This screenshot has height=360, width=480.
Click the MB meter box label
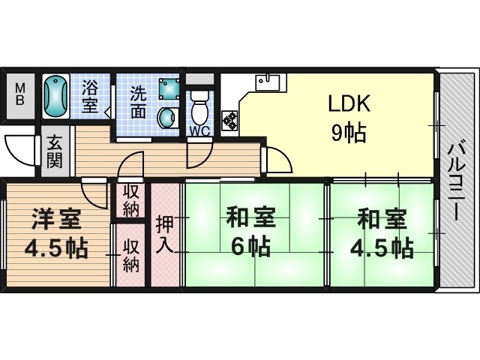[x=20, y=95]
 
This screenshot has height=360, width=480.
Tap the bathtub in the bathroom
[x=55, y=97]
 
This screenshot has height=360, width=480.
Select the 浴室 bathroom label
[x=90, y=96]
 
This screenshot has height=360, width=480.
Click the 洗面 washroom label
[x=138, y=102]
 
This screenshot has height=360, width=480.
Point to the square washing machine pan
[x=169, y=88]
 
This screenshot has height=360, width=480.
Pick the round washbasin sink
[x=168, y=118]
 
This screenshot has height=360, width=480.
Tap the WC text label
[x=199, y=131]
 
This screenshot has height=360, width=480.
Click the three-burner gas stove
[x=229, y=120]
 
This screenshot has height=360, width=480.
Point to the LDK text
[x=349, y=103]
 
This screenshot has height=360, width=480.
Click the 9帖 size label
[x=349, y=133]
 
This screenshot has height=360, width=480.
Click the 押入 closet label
[x=165, y=235]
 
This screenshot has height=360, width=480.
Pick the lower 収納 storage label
[x=131, y=256]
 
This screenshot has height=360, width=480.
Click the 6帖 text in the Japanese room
[x=250, y=247]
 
